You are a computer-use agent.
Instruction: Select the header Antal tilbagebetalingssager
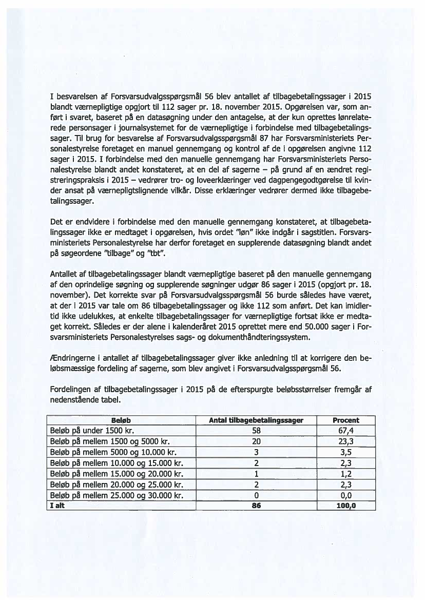pyautogui.click(x=257, y=420)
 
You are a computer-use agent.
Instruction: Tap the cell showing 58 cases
pyautogui.click(x=257, y=431)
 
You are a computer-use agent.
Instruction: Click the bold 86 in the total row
pyautogui.click(x=257, y=506)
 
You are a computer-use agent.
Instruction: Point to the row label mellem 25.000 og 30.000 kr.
pyautogui.click(x=115, y=495)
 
